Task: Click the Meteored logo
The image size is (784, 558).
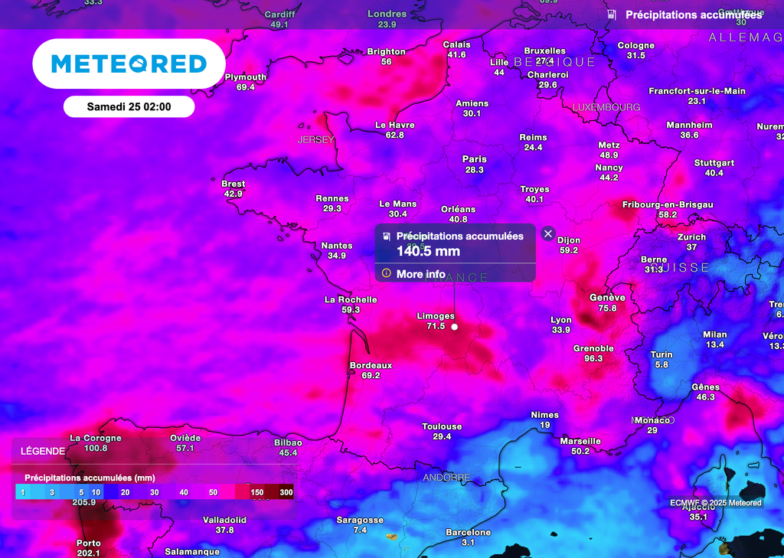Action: point(129,64)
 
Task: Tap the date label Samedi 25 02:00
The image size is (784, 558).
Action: point(129,107)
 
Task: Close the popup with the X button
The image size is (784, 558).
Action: point(547,233)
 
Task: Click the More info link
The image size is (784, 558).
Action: point(420,274)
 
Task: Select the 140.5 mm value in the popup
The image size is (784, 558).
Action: point(427,250)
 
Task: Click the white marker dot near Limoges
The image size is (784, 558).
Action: point(455,327)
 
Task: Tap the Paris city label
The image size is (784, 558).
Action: point(475,159)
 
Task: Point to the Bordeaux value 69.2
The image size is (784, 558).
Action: point(371,375)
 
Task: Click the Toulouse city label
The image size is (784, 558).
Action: point(442,426)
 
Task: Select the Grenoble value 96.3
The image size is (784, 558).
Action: point(593,358)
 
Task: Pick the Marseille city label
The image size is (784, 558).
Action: point(580,441)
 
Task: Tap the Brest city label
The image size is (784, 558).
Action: point(233,184)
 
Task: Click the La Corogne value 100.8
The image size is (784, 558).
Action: point(96,448)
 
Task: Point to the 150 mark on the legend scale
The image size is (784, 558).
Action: point(257,491)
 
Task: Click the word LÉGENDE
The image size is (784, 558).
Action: point(43,451)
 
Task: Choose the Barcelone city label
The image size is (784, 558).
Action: point(468,532)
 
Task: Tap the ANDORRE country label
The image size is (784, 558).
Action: point(446,478)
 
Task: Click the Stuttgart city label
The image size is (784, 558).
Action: point(714,163)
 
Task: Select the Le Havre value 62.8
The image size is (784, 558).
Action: point(395,135)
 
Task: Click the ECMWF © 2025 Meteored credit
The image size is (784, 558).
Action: point(715,503)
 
